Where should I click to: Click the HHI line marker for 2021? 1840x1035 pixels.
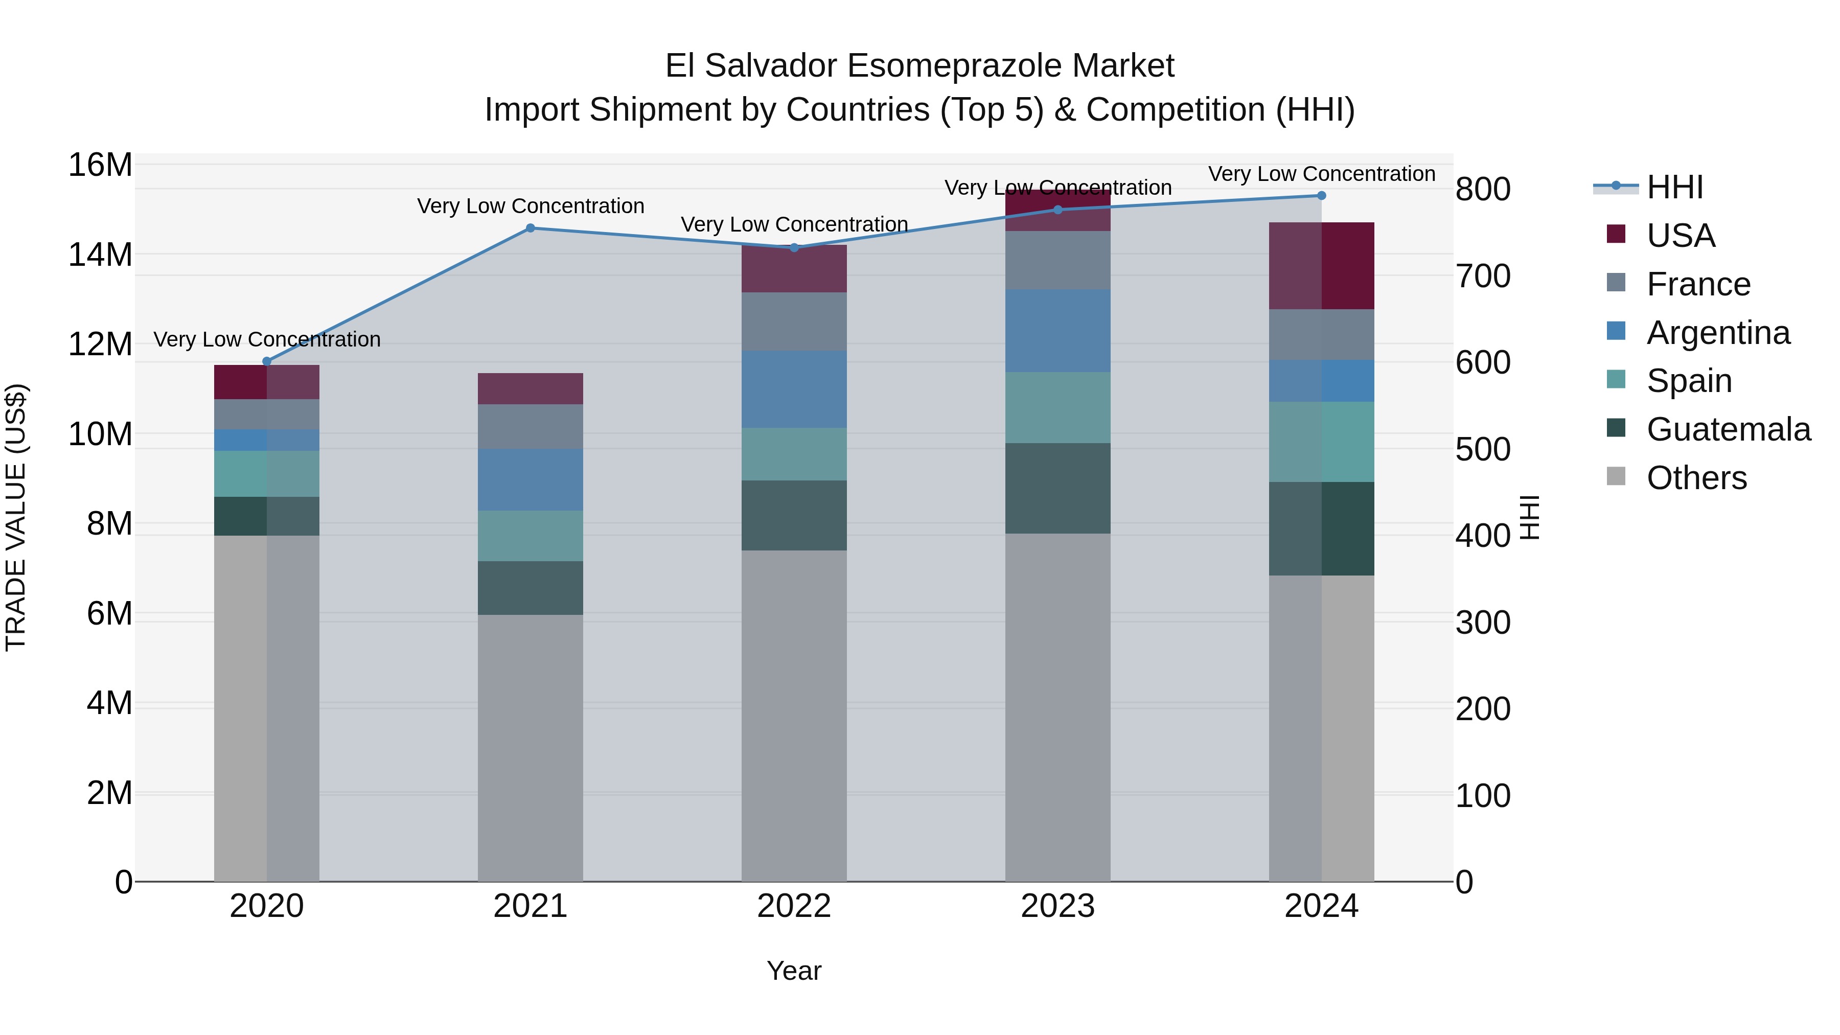530,228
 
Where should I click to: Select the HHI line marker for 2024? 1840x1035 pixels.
1321,196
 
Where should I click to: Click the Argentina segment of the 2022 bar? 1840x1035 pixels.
794,389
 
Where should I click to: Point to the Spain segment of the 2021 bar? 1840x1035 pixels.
530,536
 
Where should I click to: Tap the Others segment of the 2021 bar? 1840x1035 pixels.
530,748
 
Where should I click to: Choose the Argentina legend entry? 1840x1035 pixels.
1718,333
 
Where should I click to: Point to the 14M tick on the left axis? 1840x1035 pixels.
100,255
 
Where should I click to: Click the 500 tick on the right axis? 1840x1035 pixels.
1483,449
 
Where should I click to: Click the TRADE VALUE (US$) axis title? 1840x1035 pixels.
16,517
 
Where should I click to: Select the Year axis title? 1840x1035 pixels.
794,971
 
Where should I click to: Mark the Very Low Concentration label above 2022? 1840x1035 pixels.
794,224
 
